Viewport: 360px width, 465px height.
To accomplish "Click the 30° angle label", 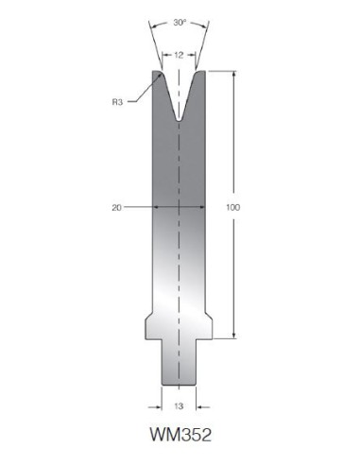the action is (x=180, y=23).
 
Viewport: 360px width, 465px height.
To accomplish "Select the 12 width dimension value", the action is (x=179, y=56).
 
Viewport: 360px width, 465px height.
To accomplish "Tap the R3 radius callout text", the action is (x=117, y=102).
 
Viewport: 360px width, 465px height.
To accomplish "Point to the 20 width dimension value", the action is (x=116, y=208).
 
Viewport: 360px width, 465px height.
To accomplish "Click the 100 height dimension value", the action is (x=233, y=208).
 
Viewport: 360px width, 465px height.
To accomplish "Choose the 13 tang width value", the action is (x=179, y=406).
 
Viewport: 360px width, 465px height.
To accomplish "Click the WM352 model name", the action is (x=180, y=435).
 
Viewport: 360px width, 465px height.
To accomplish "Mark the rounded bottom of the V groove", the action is (x=179, y=120).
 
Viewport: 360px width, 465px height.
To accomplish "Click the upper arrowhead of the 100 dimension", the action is (x=233, y=76).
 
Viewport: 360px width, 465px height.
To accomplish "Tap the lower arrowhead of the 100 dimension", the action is (x=233, y=335).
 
